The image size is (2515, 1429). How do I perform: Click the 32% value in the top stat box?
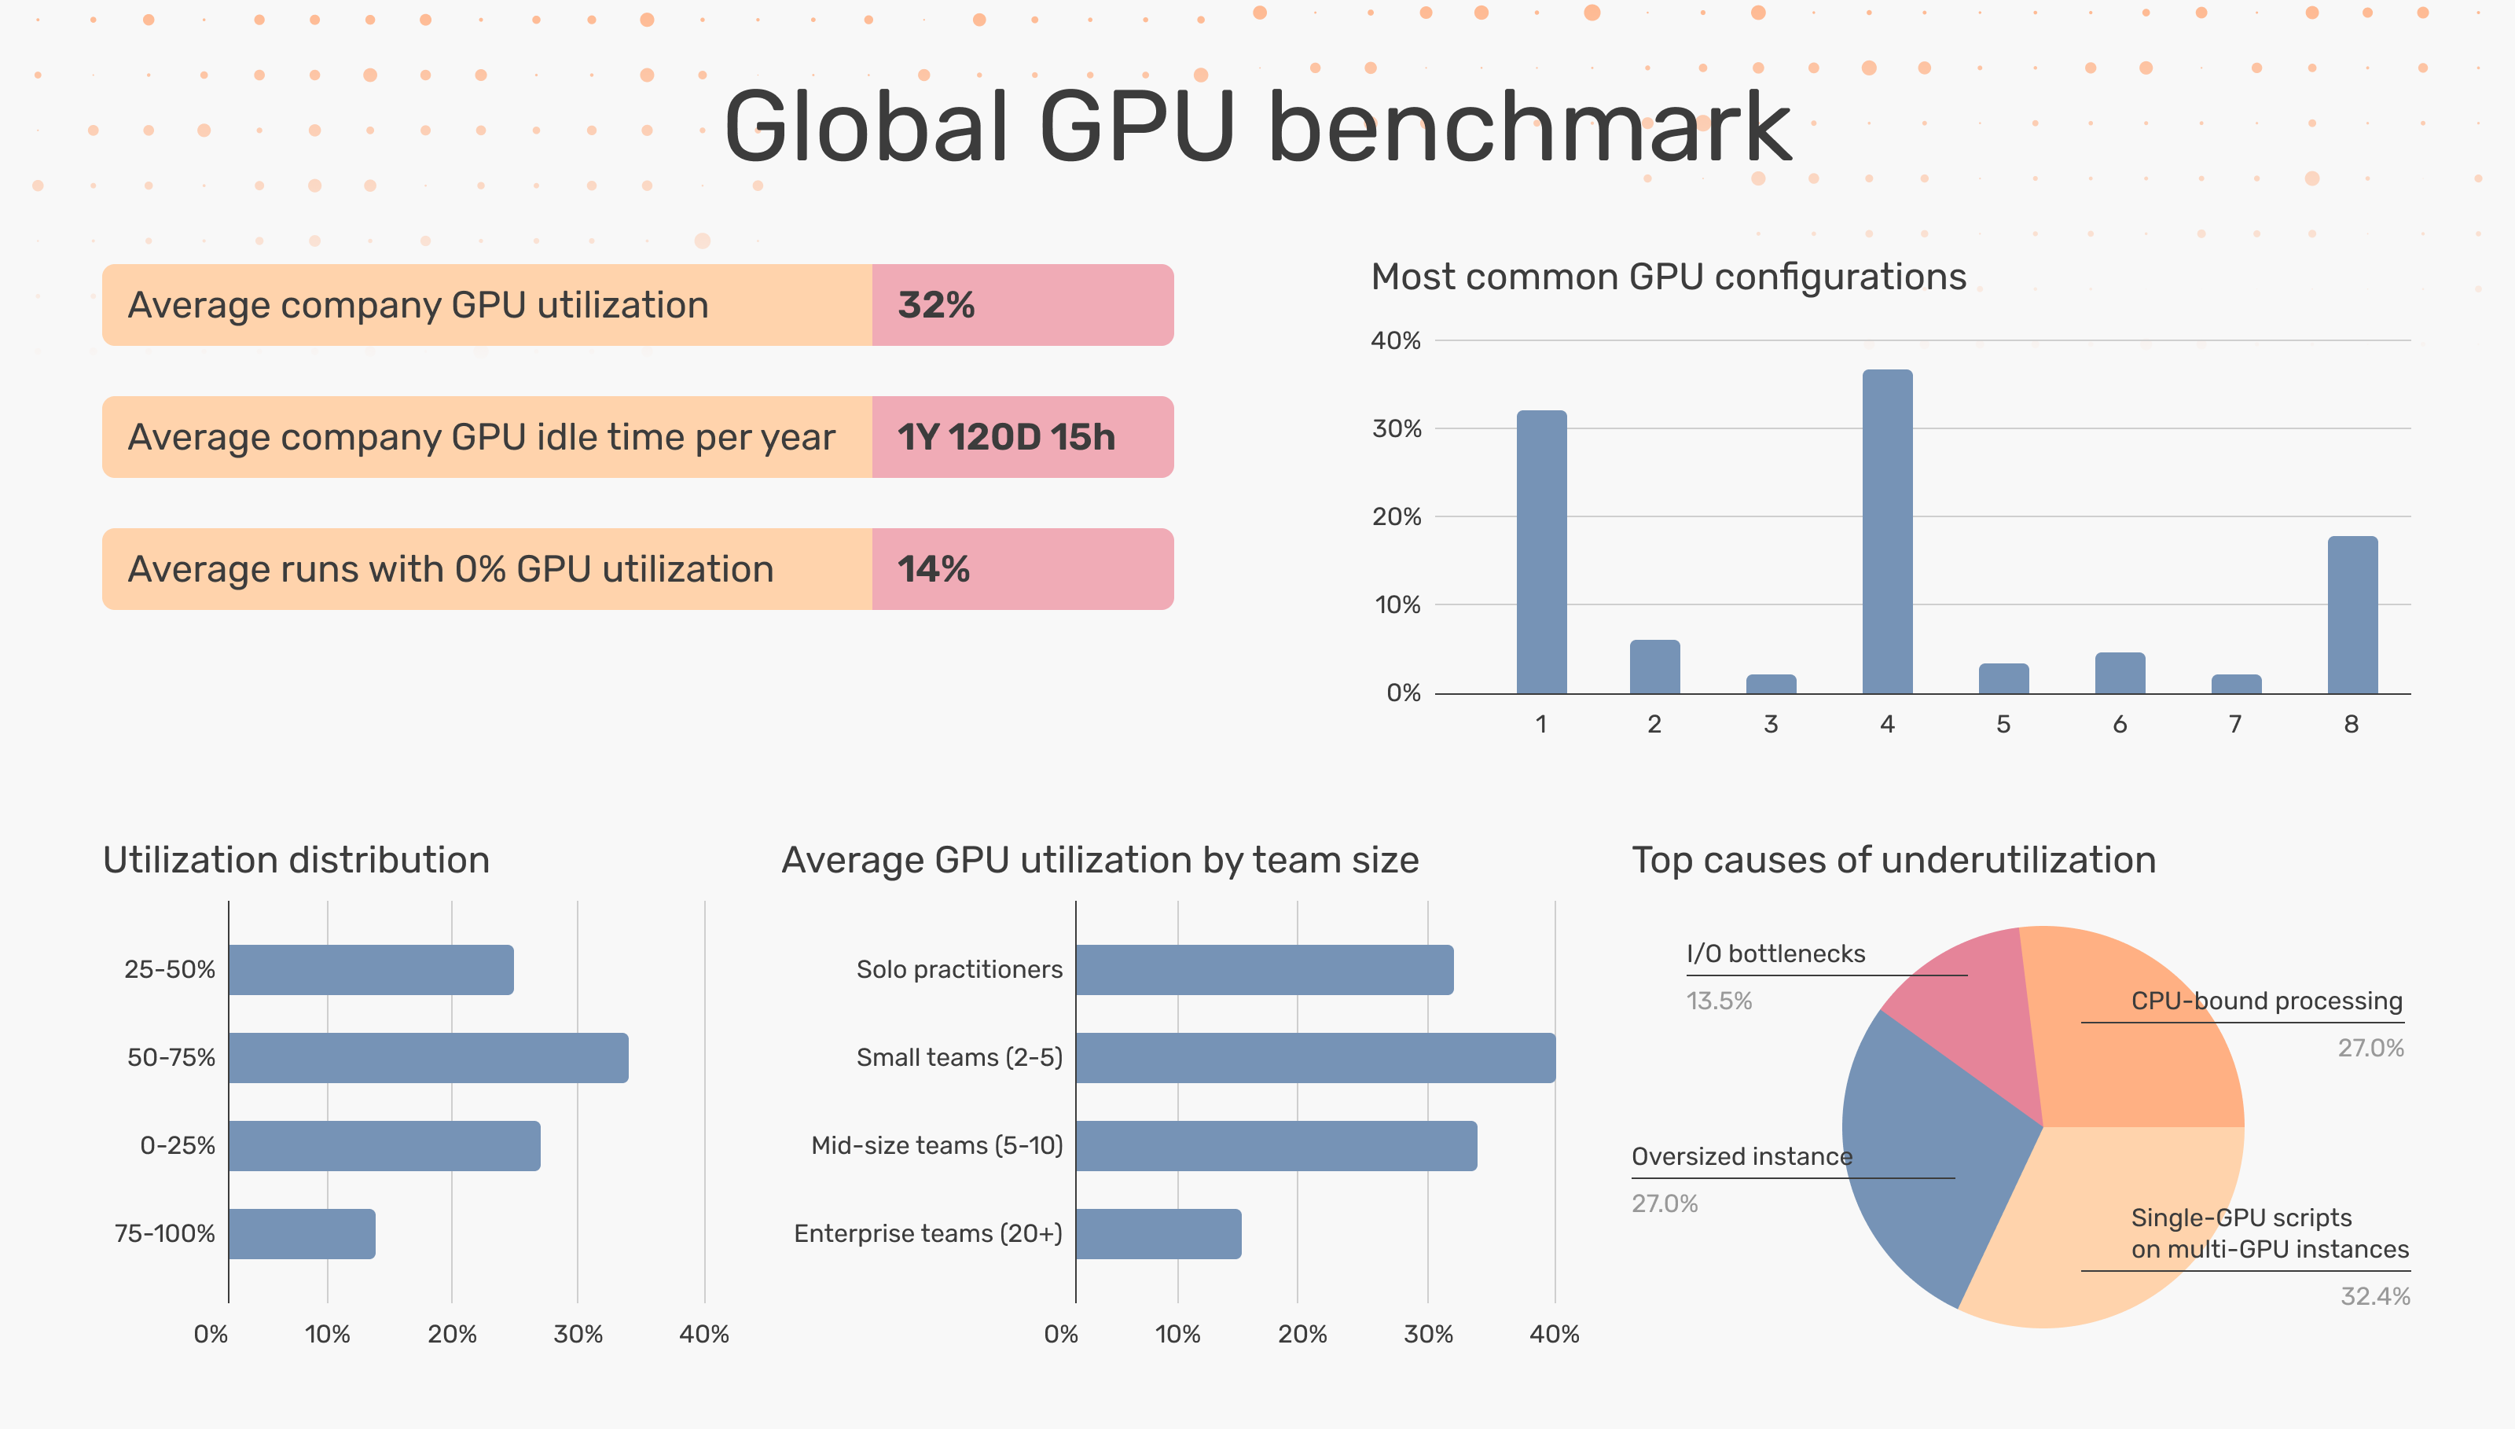tap(935, 305)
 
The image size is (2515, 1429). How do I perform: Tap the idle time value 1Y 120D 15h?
tap(1005, 437)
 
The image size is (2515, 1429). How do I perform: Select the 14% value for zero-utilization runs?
tap(932, 569)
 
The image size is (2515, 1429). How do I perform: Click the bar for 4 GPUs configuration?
tap(1886, 530)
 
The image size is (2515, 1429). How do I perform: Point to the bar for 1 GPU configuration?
tap(1540, 552)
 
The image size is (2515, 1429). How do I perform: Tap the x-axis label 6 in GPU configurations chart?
tap(2119, 724)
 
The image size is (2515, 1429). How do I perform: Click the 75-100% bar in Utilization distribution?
tap(301, 1234)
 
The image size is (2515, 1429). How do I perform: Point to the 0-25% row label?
tap(177, 1145)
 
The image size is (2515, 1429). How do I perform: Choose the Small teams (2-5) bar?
tap(1315, 1057)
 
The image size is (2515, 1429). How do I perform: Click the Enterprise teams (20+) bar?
tap(1158, 1234)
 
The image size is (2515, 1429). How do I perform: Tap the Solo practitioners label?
tap(959, 970)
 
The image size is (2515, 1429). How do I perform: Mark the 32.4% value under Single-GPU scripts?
tap(2374, 1296)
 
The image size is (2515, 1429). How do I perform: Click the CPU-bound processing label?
tap(2266, 1001)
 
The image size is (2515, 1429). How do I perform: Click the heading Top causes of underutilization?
tap(1893, 860)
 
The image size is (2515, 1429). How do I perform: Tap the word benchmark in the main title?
tap(1529, 127)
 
